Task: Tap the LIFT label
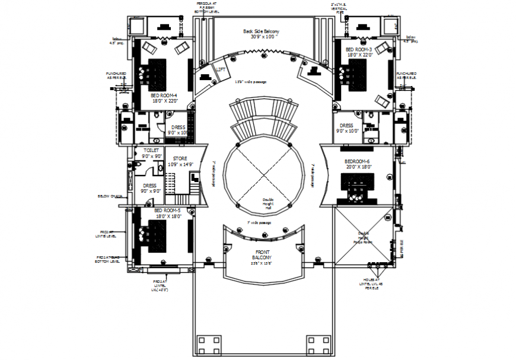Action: pos(221,70)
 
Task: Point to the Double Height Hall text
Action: pos(269,203)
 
